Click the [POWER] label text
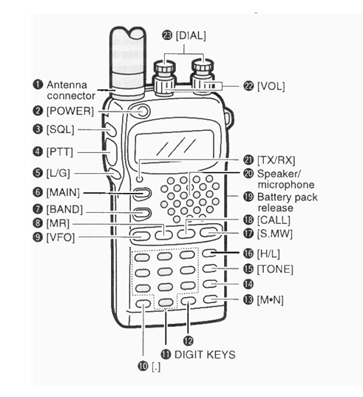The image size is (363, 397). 70,111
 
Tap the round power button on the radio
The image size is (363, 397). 143,111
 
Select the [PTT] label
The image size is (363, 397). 60,152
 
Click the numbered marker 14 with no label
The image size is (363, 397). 248,284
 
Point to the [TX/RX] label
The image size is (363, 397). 277,160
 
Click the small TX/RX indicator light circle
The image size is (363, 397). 139,179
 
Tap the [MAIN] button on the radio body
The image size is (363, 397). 143,194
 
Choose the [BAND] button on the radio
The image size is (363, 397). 143,213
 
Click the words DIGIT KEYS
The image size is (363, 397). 205,354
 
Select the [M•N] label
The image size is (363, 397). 270,300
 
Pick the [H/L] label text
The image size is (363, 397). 268,254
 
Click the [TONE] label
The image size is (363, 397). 275,269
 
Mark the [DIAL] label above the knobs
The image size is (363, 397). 191,35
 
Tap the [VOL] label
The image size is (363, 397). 271,86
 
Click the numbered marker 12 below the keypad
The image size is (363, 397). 188,341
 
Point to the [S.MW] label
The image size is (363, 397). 275,234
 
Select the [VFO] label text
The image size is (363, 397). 61,237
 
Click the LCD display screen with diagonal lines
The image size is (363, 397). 174,146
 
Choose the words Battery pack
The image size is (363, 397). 288,197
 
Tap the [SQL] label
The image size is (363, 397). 60,129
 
